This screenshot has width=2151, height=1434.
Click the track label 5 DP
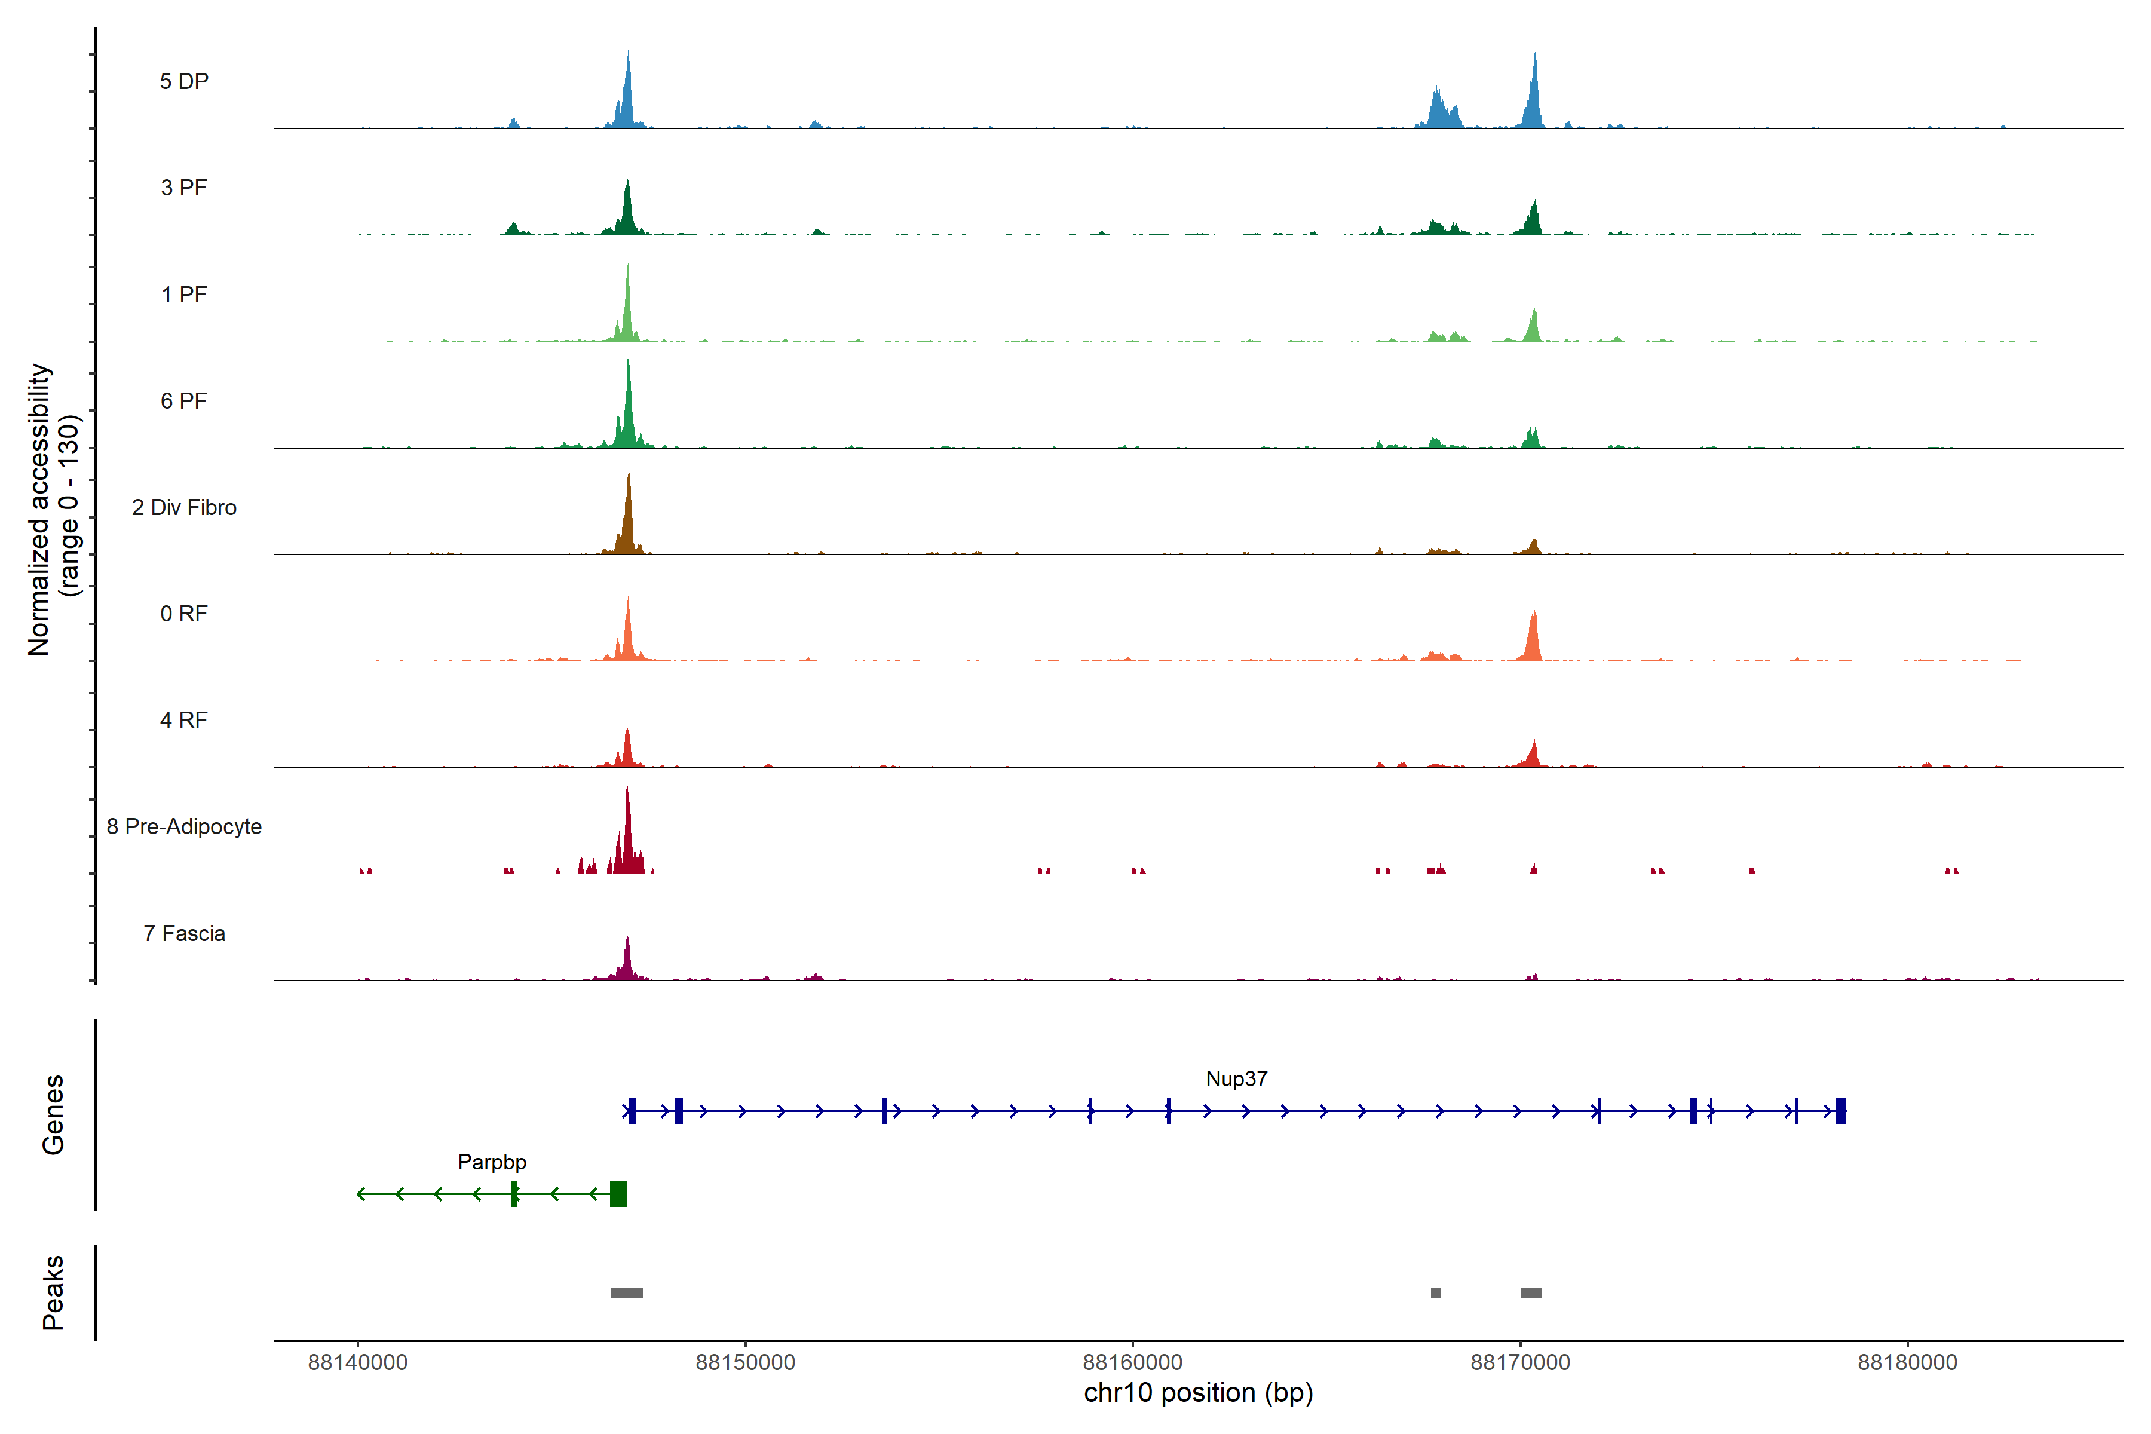click(184, 81)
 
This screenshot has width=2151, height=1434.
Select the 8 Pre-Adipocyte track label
click(184, 827)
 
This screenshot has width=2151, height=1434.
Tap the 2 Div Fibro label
click(184, 507)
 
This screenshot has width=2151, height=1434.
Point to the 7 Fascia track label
click(184, 934)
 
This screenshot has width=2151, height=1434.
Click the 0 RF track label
click(184, 614)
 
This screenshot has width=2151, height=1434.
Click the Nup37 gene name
click(1236, 1079)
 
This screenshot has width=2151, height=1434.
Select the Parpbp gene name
click(492, 1162)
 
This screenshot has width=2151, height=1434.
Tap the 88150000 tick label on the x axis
click(745, 1363)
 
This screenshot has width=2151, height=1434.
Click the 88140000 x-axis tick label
click(357, 1363)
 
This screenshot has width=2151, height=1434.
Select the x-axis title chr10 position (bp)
click(1198, 1393)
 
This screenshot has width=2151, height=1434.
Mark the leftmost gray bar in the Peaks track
click(626, 1293)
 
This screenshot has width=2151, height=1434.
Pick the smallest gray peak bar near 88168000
click(1436, 1293)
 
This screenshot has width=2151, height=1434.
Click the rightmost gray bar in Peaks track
click(1531, 1293)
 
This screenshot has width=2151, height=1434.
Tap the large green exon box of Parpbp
click(618, 1193)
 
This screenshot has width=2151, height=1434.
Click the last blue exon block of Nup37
click(1840, 1110)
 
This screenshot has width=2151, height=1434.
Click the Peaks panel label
click(53, 1292)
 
